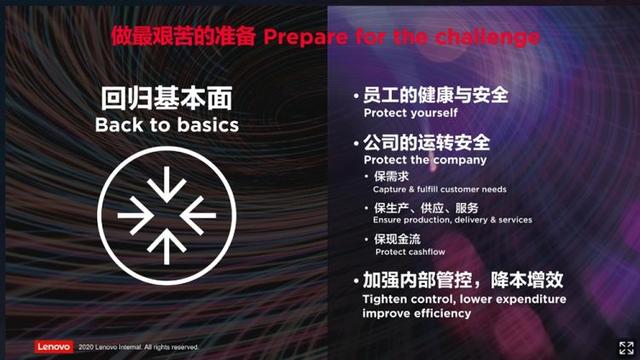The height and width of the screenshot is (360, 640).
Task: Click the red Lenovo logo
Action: pos(54,347)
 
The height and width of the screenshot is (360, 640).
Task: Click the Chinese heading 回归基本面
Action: pos(166,99)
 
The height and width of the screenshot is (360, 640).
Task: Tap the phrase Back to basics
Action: pos(166,125)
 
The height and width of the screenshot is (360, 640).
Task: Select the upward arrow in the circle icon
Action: pos(166,240)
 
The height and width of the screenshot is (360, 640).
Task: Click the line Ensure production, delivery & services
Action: pos(451,220)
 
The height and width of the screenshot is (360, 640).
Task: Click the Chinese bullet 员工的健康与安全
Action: pos(436,97)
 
